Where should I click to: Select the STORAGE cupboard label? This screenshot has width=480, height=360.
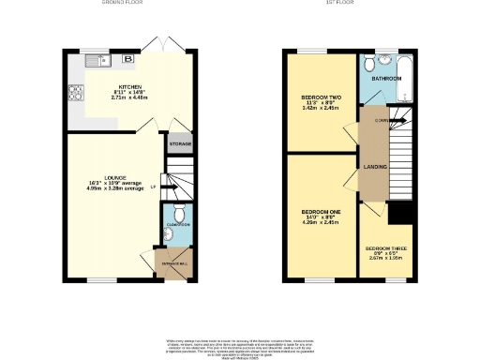pyautogui.click(x=179, y=144)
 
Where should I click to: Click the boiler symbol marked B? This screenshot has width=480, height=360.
pyautogui.click(x=127, y=60)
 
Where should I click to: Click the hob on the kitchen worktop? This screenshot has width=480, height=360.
pyautogui.click(x=72, y=93)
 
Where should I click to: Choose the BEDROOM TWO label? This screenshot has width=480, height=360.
pyautogui.click(x=321, y=97)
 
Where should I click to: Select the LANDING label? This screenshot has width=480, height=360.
pyautogui.click(x=370, y=167)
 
